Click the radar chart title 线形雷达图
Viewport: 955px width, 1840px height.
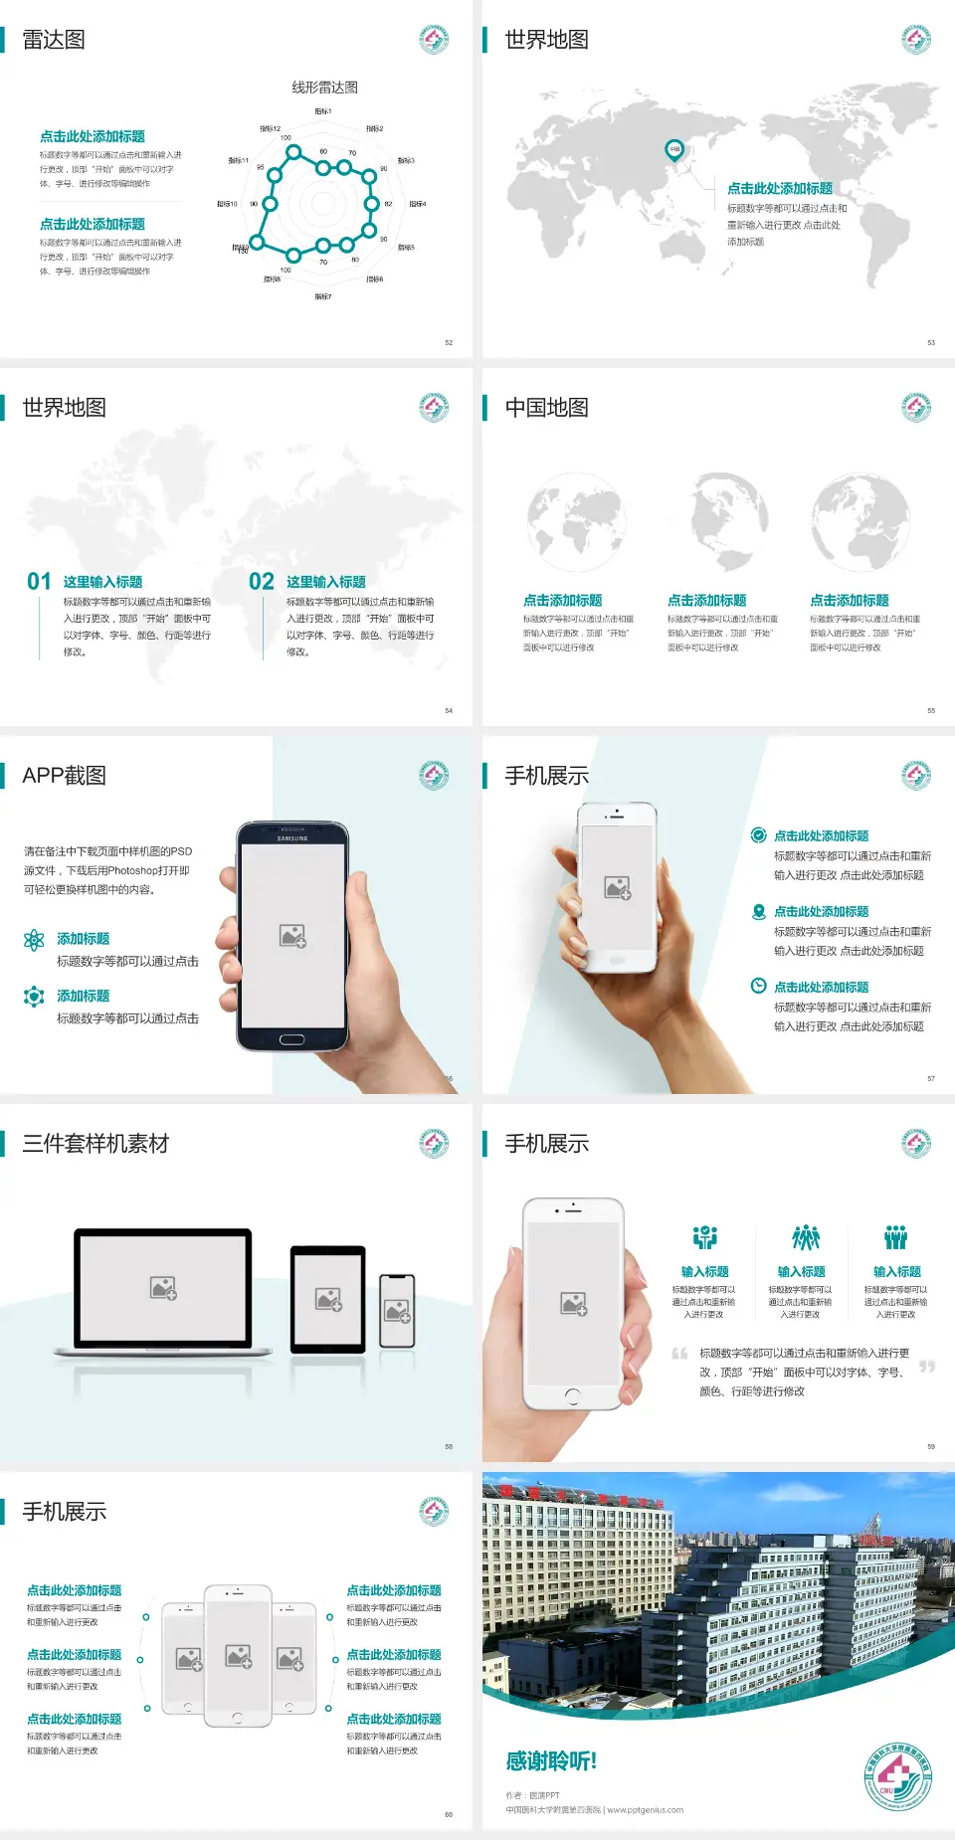coord(324,88)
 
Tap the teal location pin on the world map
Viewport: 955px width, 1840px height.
coord(674,150)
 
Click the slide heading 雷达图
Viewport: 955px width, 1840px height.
coord(54,40)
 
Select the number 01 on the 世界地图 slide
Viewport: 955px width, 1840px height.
coord(39,582)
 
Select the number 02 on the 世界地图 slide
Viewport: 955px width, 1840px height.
coord(262,582)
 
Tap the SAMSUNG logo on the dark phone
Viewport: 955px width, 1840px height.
coord(292,838)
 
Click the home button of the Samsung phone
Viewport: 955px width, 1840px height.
coord(291,1039)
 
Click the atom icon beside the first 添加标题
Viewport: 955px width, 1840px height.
coord(34,940)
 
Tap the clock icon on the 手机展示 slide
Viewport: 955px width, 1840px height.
coord(758,986)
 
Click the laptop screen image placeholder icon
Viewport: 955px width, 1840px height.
coord(163,1288)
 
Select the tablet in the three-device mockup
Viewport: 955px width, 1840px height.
coord(328,1299)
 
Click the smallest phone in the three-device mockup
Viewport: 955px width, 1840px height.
coord(397,1311)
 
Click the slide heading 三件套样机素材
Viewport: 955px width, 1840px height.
coord(95,1144)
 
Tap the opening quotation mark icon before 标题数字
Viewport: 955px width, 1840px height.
coord(679,1354)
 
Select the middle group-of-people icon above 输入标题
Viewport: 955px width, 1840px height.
coord(805,1237)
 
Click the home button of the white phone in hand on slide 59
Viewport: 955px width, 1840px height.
coord(572,1396)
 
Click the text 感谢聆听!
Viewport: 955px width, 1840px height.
coord(551,1761)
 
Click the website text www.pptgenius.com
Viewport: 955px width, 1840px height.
coord(646,1810)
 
